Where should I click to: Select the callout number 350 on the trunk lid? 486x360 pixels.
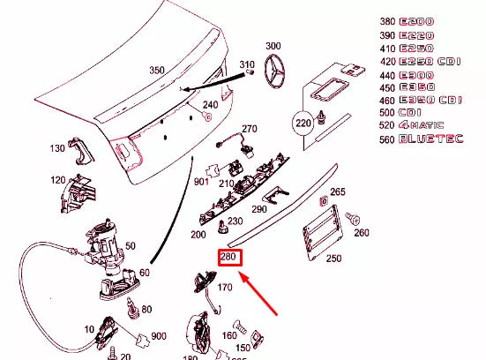click(157, 70)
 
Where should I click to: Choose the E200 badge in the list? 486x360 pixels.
click(415, 22)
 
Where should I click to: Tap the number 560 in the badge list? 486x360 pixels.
click(383, 139)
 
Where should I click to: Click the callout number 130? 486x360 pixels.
click(58, 148)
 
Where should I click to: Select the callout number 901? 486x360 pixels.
click(201, 183)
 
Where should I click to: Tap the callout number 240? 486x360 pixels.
click(210, 105)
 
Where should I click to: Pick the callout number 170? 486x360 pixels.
click(224, 287)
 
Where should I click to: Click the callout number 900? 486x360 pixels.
click(158, 338)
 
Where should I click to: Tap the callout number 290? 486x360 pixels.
click(258, 209)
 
